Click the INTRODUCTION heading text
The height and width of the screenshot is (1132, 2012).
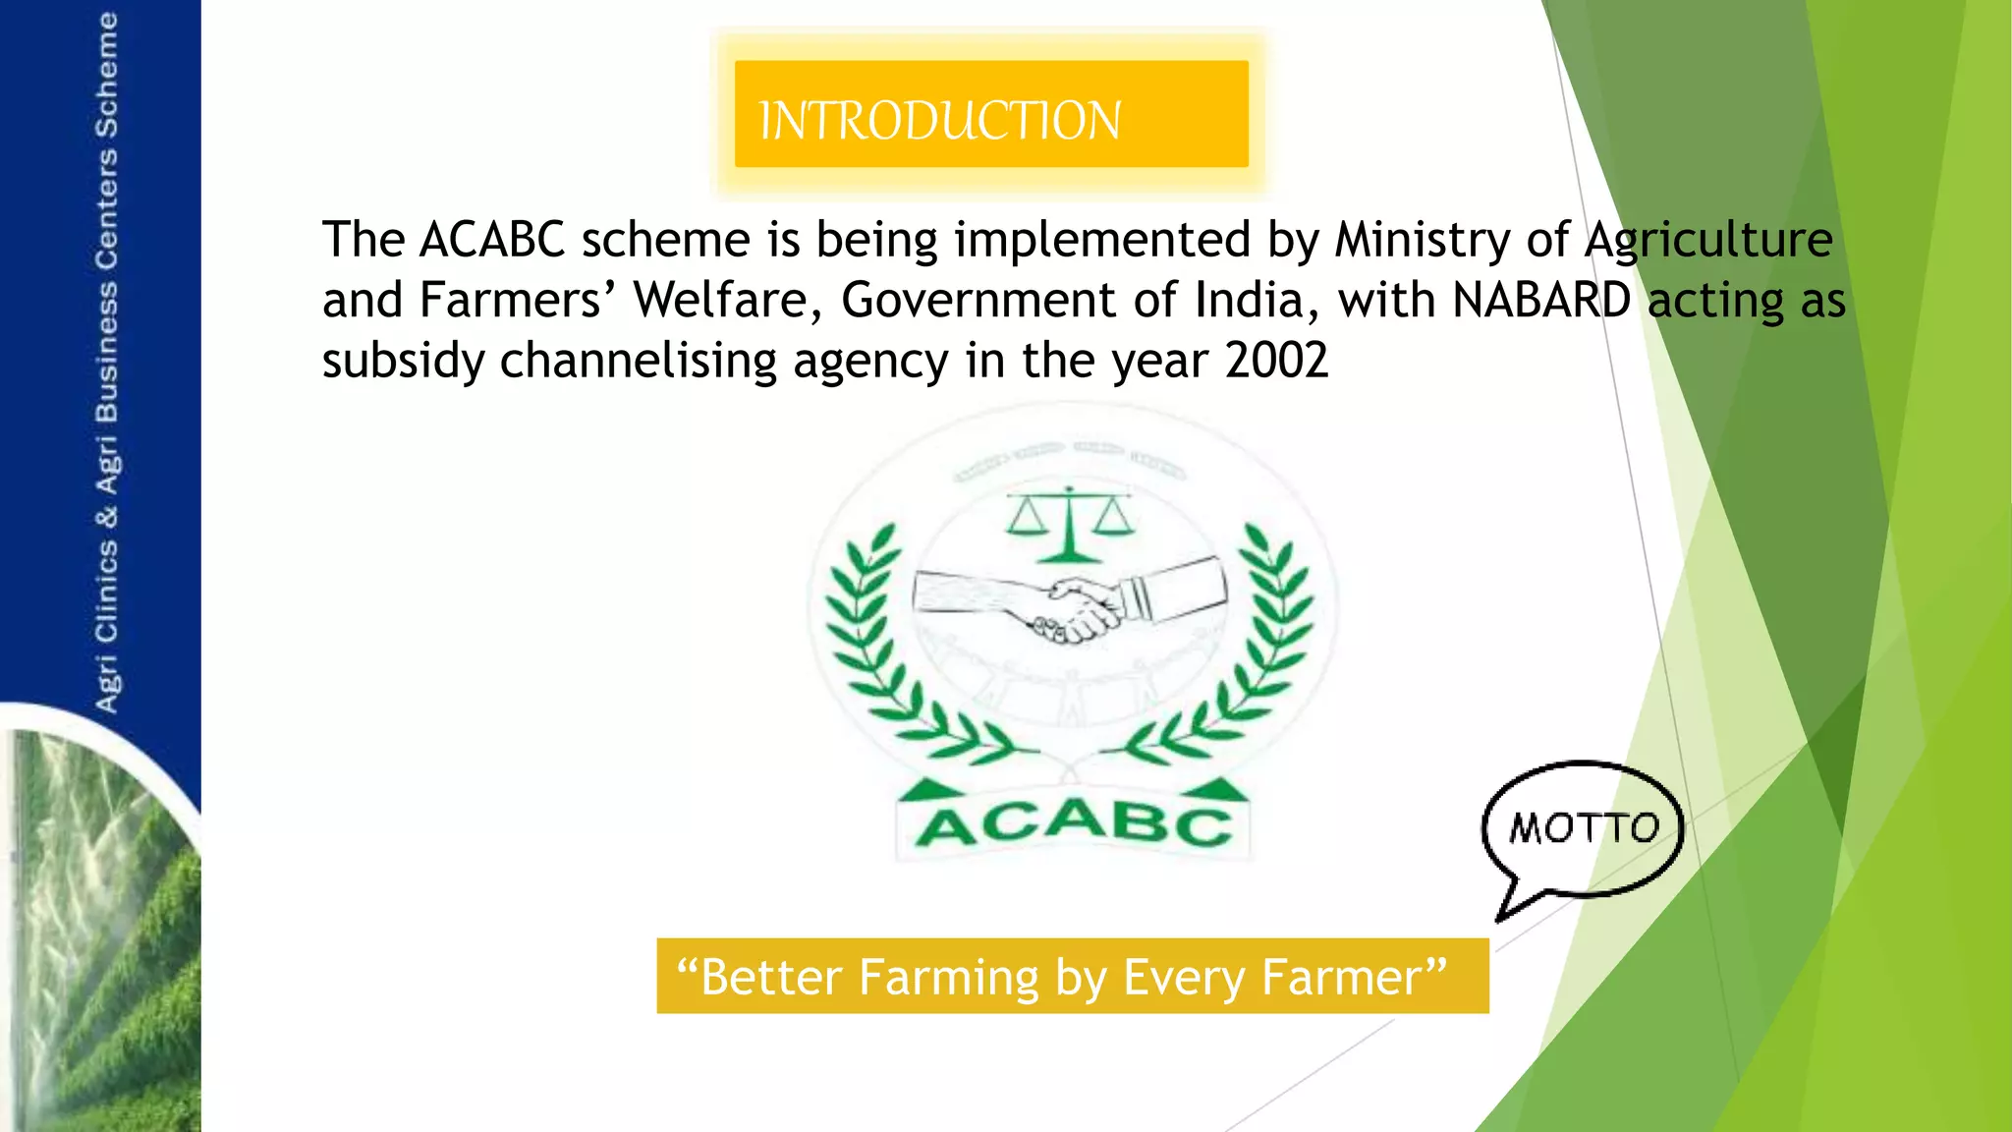pyautogui.click(x=939, y=121)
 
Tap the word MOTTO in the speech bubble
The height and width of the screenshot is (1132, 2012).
pyautogui.click(x=1583, y=828)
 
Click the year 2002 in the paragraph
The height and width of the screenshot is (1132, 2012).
pyautogui.click(x=1276, y=361)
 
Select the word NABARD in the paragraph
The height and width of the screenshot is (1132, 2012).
pyautogui.click(x=1540, y=300)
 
